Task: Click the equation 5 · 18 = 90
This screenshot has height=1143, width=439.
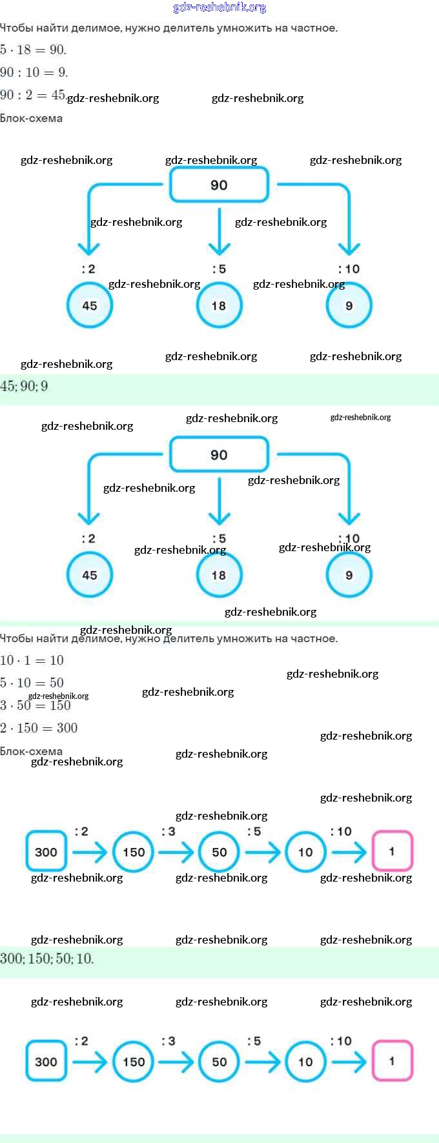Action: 33,50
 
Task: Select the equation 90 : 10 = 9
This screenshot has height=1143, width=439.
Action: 34,72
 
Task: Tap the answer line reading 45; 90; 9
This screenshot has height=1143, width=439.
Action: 24,386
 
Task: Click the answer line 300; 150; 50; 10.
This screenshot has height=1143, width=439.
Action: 46,958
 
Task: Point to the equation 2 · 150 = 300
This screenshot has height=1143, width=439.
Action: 39,728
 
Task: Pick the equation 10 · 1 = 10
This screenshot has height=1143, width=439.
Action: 32,660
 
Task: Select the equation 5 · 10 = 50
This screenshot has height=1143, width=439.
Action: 32,683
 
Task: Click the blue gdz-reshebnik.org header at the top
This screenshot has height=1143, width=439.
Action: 219,8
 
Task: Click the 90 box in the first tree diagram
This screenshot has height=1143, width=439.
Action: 219,185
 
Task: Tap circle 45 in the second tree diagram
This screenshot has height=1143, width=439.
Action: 90,575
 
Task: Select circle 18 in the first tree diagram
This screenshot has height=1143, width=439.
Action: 219,305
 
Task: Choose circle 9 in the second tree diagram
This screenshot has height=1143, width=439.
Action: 349,575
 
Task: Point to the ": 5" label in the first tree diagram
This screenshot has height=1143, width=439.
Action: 219,269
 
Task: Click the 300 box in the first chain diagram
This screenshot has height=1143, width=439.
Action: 46,852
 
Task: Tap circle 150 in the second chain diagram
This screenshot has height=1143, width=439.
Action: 134,1062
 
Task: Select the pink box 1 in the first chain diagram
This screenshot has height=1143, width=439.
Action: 392,851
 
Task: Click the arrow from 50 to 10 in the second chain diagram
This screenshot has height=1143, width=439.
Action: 263,1062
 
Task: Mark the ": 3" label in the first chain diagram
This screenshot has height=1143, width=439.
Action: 168,831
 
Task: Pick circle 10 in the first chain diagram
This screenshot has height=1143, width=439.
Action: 305,852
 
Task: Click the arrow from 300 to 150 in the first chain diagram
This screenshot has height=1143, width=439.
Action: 90,852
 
